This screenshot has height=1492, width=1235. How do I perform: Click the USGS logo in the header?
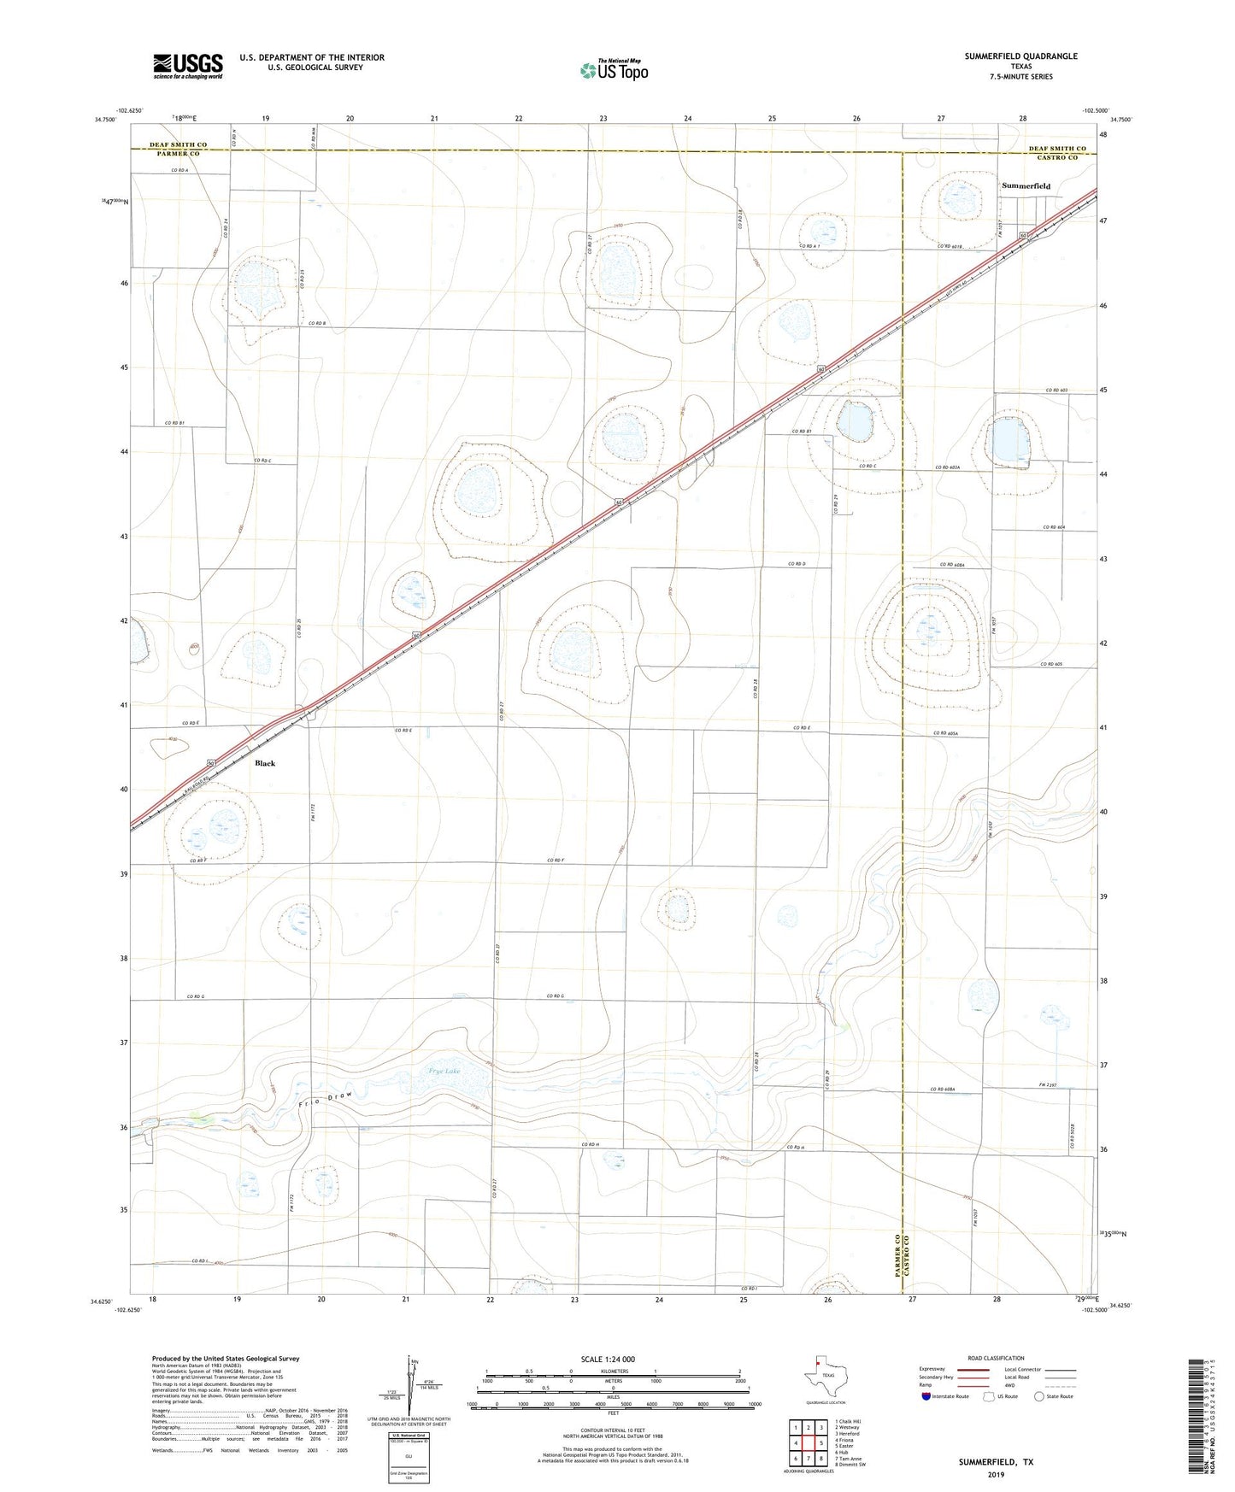point(188,66)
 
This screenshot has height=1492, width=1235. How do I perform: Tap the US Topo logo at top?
point(613,69)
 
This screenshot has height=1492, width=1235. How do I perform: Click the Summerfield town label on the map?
point(1026,185)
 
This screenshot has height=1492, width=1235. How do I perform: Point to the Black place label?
point(265,763)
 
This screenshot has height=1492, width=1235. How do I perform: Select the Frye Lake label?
point(444,1071)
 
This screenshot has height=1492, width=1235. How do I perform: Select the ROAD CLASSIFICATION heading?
point(996,1358)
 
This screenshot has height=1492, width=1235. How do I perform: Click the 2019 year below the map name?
point(996,1474)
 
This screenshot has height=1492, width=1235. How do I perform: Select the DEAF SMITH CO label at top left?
point(178,145)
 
